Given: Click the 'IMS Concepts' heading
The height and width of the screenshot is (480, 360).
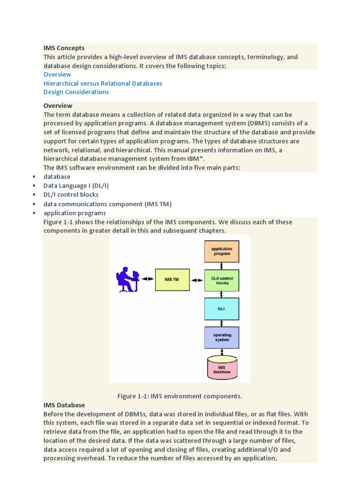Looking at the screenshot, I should pos(64,48).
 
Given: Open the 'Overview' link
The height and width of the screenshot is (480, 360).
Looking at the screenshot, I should pos(57,75).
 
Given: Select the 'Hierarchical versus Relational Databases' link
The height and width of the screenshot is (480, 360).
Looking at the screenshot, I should pos(103,83).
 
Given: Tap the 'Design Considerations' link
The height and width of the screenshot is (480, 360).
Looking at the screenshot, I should pos(76,92).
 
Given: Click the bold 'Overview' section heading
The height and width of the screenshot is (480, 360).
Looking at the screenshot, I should pos(58,105).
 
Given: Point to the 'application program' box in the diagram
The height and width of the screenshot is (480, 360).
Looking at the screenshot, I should pos(222,251).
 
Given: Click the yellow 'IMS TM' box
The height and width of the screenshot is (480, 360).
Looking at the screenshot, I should pos(172,279).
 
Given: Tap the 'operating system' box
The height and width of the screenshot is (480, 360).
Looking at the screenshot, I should pos(222,338).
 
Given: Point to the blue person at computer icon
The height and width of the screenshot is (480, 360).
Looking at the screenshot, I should pos(127,279).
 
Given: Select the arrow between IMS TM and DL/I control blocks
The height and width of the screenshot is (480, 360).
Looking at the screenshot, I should pos(197,279).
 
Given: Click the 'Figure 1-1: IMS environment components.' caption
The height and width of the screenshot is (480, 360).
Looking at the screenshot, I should pos(180,396).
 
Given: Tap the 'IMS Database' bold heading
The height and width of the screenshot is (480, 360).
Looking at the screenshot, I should pos(64,405).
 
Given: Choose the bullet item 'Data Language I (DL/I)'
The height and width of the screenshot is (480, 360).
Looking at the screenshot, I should pos(76,186).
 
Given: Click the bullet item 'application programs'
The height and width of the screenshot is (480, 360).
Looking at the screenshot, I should pos(75,213).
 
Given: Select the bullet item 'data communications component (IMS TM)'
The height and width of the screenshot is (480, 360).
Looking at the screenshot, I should pos(107,204).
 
